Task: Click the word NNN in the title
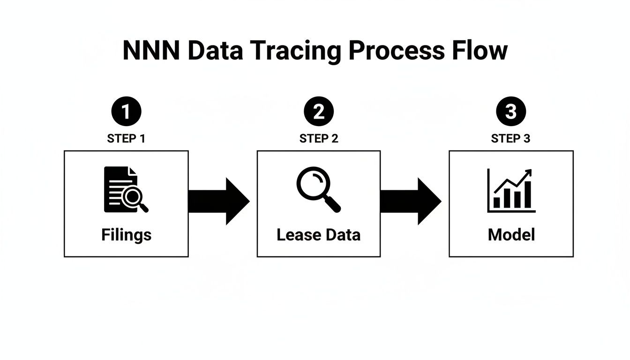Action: click(150, 51)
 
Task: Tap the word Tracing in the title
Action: click(294, 51)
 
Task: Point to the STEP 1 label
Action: click(126, 139)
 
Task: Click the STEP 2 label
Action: click(319, 139)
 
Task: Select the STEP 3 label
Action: click(511, 139)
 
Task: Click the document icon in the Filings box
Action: click(122, 189)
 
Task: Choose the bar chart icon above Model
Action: click(511, 191)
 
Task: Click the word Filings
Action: click(126, 234)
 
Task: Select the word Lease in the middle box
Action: click(294, 234)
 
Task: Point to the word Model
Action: click(511, 234)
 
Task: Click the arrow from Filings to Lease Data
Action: click(218, 201)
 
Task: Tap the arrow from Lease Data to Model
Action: click(411, 201)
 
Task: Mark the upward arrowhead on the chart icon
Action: click(528, 172)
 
